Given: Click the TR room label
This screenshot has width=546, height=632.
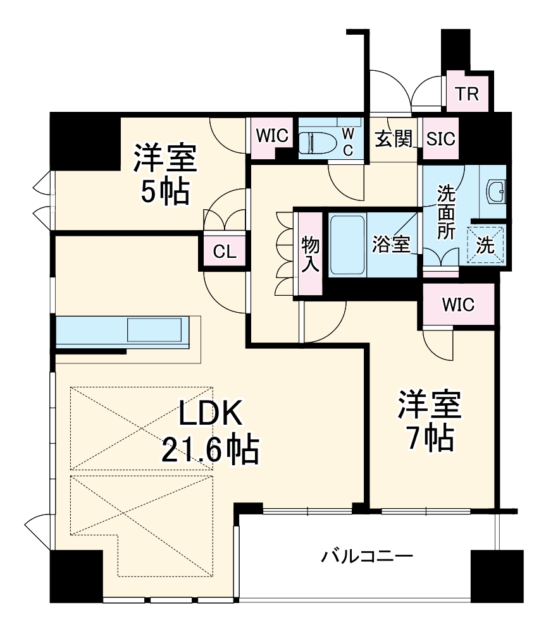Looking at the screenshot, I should [468, 94].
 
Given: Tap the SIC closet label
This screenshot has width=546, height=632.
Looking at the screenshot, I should [440, 138].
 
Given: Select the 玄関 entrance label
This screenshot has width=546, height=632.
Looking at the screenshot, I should [393, 138].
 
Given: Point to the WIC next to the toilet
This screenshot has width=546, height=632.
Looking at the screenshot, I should [273, 137].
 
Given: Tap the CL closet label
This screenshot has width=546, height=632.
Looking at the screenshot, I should [224, 252].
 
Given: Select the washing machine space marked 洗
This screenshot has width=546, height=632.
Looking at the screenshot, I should [485, 246].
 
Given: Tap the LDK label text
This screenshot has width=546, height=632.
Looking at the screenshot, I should [209, 415].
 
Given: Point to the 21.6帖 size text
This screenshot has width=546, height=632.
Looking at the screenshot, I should [209, 451].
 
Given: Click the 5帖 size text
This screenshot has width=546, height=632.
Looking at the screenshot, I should [164, 192].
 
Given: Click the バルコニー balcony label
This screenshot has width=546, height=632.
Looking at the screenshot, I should [367, 557].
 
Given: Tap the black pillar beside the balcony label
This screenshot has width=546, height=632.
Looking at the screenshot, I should [497, 575].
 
